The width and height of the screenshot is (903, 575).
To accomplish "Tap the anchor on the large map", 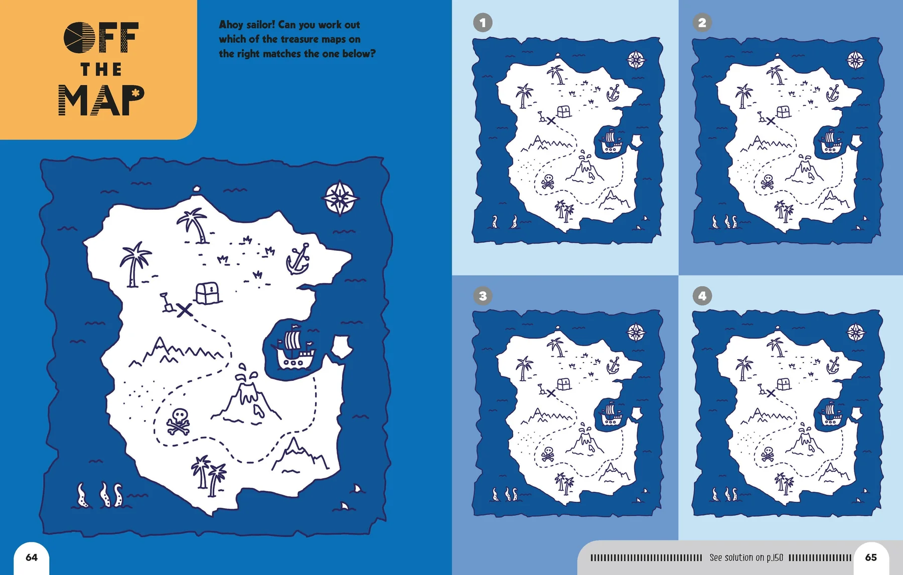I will pyautogui.click(x=298, y=259).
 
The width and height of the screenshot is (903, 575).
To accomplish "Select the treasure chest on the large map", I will pyautogui.click(x=208, y=293).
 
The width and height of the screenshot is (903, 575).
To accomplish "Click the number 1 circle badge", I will pyautogui.click(x=483, y=23).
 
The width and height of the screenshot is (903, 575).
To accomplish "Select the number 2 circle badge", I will pyautogui.click(x=702, y=23).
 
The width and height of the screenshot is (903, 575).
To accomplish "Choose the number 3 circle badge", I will pyautogui.click(x=483, y=296).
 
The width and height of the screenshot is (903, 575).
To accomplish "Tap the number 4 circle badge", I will pyautogui.click(x=702, y=296).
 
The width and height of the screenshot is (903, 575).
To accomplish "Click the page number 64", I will pyautogui.click(x=32, y=557).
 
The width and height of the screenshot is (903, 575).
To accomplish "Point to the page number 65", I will pyautogui.click(x=871, y=557).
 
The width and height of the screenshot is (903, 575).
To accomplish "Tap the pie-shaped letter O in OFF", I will pyautogui.click(x=79, y=38).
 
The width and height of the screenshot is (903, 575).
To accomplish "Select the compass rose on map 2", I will pyautogui.click(x=855, y=61).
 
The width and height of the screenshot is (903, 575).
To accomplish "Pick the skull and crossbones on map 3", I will pyautogui.click(x=548, y=455).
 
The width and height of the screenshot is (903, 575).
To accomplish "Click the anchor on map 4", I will pyautogui.click(x=833, y=365).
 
